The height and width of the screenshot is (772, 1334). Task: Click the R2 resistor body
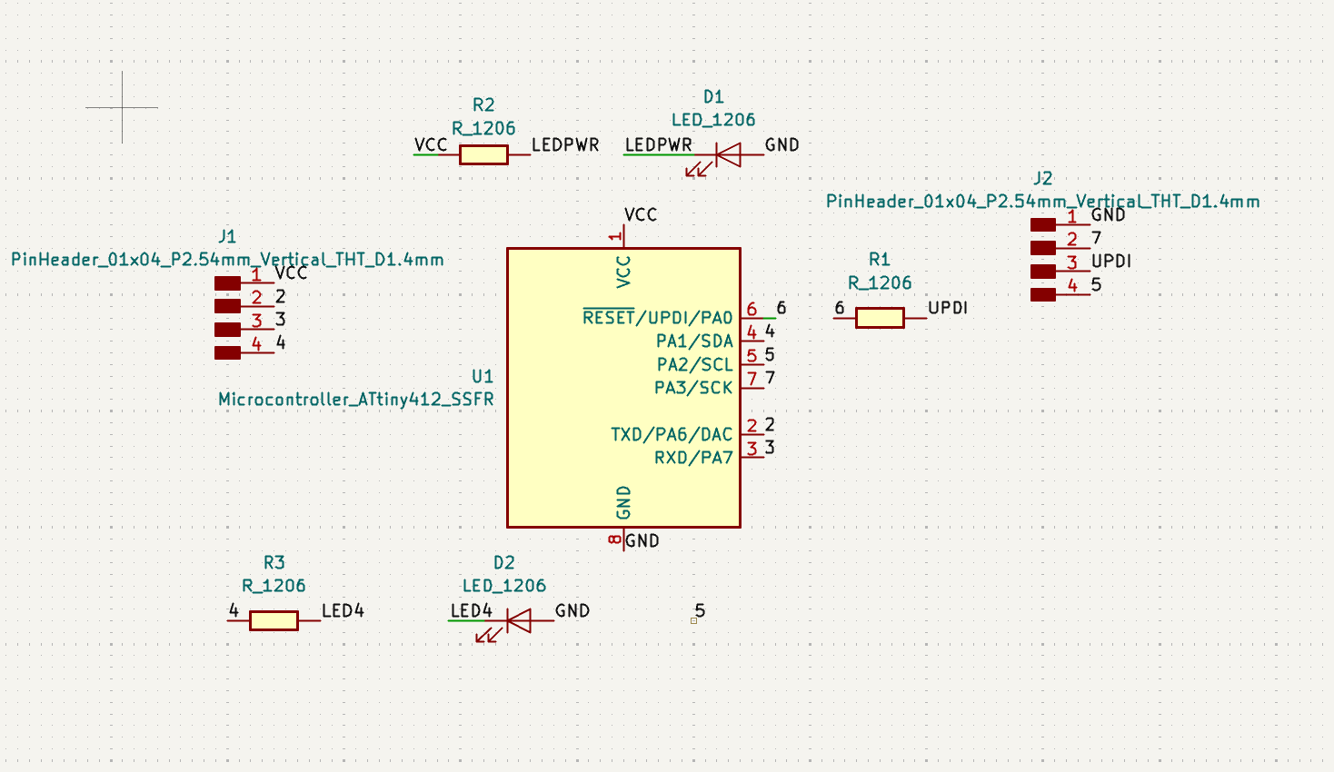pos(483,154)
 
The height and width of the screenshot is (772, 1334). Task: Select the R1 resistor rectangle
pos(880,318)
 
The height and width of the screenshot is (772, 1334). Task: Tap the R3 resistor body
pos(274,621)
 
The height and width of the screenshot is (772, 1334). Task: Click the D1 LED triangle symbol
pos(729,154)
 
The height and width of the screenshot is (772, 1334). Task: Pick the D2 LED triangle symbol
pos(518,621)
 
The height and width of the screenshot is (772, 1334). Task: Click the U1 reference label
pos(483,377)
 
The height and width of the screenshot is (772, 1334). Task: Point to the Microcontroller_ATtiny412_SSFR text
pos(356,400)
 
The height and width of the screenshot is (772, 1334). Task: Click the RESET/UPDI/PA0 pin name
pos(658,317)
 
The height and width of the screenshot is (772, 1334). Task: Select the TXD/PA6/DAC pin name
pos(672,434)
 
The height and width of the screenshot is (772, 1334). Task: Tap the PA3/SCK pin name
pos(693,388)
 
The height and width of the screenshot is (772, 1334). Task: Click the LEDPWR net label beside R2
pos(565,145)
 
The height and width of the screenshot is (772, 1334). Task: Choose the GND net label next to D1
pos(781,145)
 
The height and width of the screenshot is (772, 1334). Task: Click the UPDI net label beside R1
pos(948,308)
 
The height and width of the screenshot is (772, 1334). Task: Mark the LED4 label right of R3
pos(343,611)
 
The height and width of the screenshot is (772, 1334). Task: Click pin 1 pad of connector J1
pos(227,283)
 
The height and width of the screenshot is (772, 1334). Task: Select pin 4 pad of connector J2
pos(1043,294)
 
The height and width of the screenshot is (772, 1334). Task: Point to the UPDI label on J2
pos(1111,262)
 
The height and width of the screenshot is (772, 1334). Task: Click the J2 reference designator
pos(1043,179)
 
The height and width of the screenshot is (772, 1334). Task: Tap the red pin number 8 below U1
pos(614,539)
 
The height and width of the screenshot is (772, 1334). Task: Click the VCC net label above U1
pos(641,215)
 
